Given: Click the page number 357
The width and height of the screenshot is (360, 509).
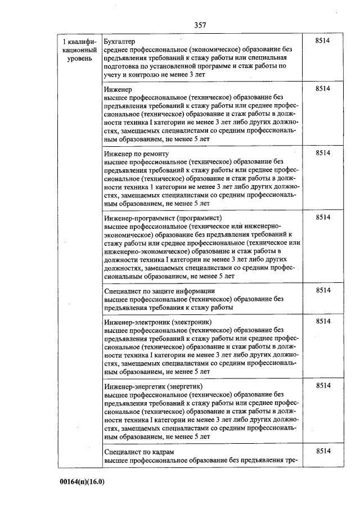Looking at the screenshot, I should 200,25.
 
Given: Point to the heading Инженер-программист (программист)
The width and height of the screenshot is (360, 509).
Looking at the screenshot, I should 163,218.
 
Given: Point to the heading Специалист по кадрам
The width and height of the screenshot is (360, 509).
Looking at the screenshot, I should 139,452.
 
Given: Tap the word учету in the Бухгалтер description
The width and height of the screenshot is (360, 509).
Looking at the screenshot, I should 113,74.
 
